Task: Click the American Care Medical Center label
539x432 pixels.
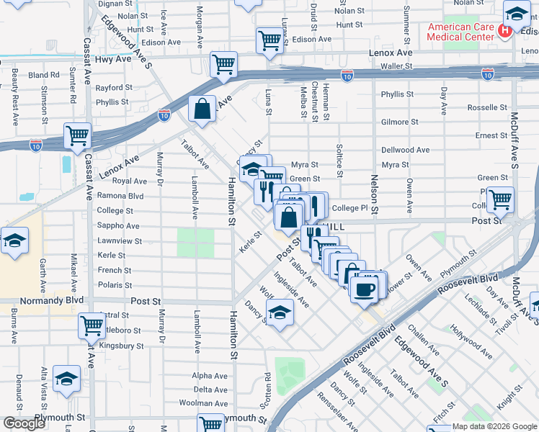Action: point(461,32)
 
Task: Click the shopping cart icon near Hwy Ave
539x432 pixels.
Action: point(223,64)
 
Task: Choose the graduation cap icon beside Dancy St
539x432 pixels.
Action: point(280,312)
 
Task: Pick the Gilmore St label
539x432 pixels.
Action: point(395,122)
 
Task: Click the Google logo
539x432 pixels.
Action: point(24,423)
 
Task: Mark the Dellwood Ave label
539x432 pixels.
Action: point(406,150)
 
